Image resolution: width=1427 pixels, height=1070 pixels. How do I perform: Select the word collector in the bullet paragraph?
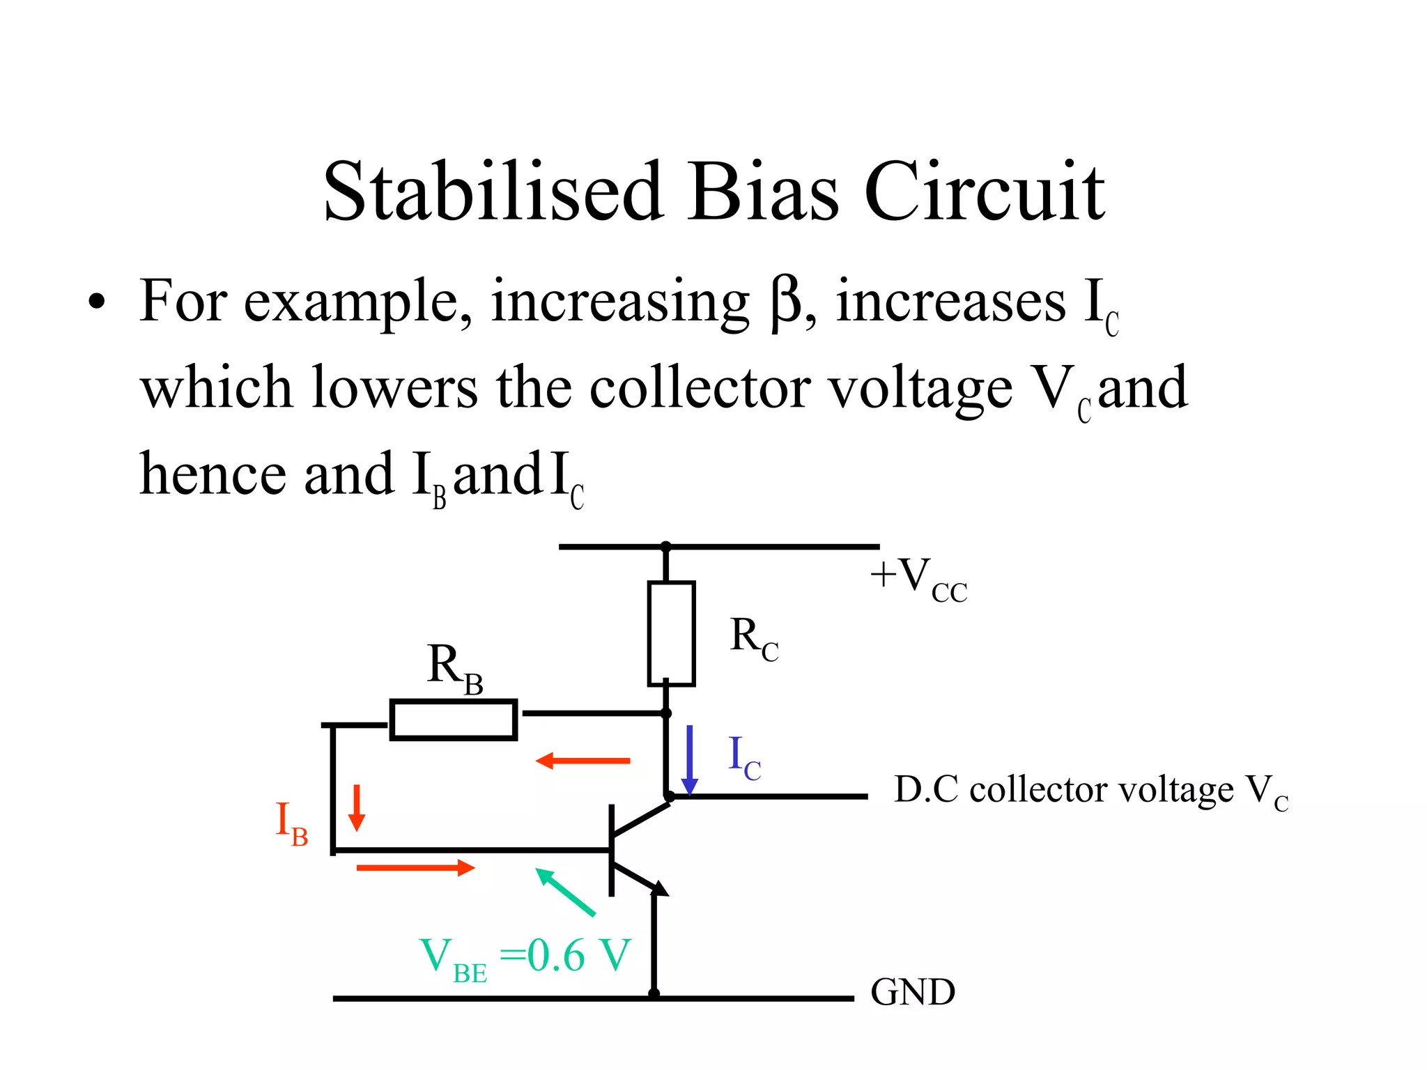pos(700,388)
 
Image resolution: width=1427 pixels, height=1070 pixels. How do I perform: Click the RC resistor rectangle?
pos(671,633)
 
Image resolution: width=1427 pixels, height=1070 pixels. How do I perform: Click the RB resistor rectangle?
pos(453,720)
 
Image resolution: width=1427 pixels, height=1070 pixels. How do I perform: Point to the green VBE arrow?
pos(565,892)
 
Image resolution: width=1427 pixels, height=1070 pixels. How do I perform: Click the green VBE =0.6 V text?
pos(525,957)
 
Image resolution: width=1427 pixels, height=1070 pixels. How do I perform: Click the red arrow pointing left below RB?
pos(583,761)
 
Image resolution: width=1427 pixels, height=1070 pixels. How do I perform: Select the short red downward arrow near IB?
pos(357,808)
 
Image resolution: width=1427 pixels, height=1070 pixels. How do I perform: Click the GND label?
pos(912,992)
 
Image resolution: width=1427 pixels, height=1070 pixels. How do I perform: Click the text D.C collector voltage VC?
pos(1090,791)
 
